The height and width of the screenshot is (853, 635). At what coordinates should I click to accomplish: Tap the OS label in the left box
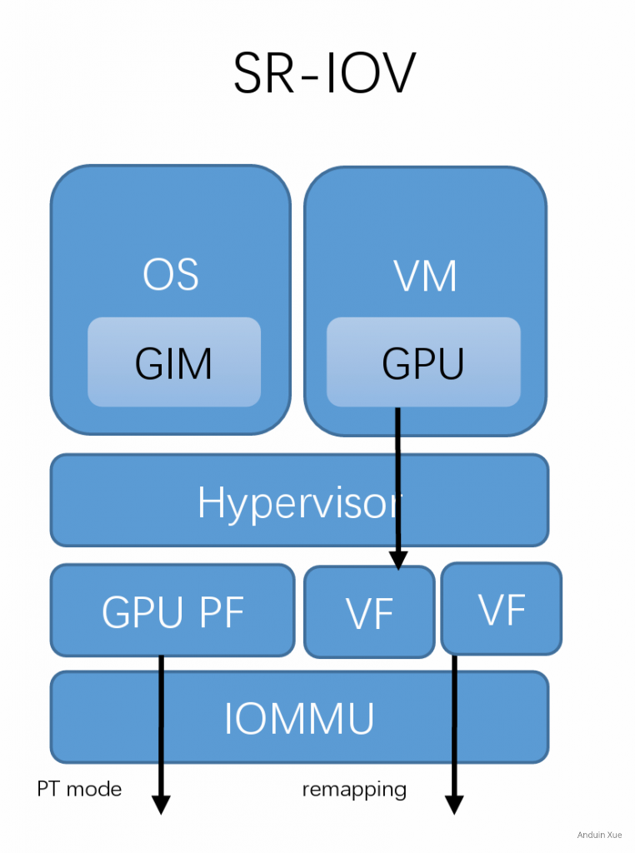coord(171,276)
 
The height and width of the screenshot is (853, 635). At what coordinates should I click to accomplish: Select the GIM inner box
coord(174,363)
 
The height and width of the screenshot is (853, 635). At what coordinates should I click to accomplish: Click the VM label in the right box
coord(425,276)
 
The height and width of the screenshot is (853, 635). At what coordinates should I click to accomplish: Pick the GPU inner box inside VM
coord(423,363)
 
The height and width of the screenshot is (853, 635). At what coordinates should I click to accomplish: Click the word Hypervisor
coord(299,502)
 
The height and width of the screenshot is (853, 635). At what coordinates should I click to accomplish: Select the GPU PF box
coord(172,611)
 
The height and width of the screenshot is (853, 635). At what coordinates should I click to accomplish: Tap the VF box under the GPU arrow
coord(369,613)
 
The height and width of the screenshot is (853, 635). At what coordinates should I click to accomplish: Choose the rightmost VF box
coord(502,609)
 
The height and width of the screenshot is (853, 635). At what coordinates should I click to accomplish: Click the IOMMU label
coord(299,718)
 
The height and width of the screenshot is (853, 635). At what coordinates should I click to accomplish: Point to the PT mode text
coord(79,789)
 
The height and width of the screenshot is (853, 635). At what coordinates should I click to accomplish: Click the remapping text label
coord(354,789)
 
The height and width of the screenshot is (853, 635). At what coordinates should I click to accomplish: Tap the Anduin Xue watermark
coord(598,835)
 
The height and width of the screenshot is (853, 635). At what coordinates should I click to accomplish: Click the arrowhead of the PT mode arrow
coord(161,805)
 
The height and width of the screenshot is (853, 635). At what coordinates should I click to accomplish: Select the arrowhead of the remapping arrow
coord(454,805)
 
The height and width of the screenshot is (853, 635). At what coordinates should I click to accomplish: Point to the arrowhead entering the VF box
coord(398,561)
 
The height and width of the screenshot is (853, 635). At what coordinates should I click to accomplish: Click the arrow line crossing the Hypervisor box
coord(398,500)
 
